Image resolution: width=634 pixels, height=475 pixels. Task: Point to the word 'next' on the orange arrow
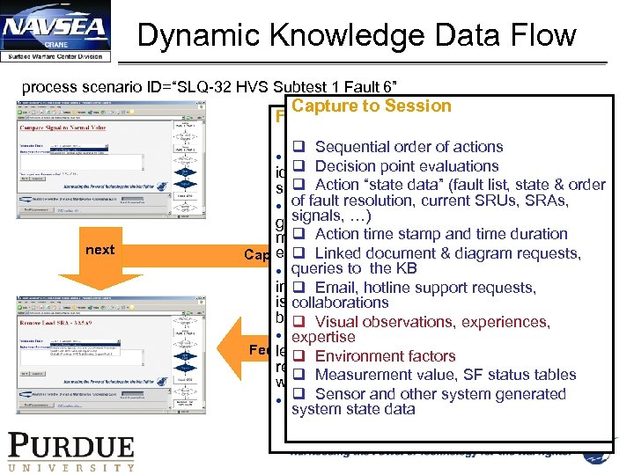click(x=100, y=250)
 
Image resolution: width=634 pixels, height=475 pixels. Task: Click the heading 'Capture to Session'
click(x=371, y=106)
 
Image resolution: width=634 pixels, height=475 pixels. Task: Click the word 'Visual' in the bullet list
click(x=338, y=322)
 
